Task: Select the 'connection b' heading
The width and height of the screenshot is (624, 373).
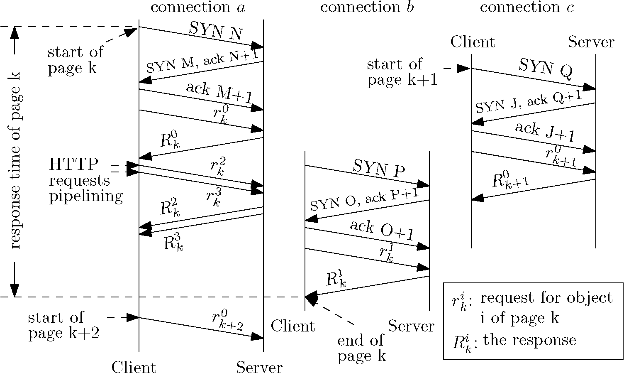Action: point(367,7)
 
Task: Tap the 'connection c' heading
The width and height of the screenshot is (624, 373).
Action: point(527,7)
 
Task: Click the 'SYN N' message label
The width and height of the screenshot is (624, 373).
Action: point(216,31)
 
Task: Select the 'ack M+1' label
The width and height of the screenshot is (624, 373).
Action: point(219,93)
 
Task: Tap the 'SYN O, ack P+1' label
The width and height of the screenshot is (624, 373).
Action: point(364,200)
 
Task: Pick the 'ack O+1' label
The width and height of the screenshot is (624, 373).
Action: point(382,231)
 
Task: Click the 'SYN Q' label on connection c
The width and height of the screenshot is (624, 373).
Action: point(546,68)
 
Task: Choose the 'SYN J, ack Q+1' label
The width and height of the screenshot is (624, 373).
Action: point(529,102)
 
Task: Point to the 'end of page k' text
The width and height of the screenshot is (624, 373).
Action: point(361,348)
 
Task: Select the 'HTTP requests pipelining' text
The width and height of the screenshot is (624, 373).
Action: point(85,180)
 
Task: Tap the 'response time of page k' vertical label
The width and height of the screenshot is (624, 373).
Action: point(15,160)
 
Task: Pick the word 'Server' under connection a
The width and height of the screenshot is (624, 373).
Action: point(259,367)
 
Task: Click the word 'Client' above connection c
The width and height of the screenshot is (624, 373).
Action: point(473,42)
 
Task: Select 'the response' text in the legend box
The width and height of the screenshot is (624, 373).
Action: point(530,340)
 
